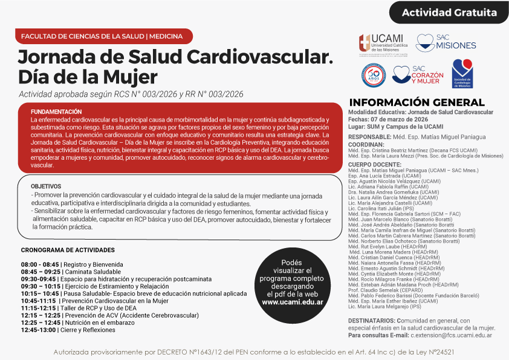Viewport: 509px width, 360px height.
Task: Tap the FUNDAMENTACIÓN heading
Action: click(x=56, y=112)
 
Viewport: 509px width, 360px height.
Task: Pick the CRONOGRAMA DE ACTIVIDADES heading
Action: click(x=67, y=250)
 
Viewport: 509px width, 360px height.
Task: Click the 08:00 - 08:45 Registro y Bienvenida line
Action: click(x=72, y=264)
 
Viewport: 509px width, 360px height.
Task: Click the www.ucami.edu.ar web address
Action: click(x=292, y=302)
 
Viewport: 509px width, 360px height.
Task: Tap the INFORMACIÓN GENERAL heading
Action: click(x=417, y=102)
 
